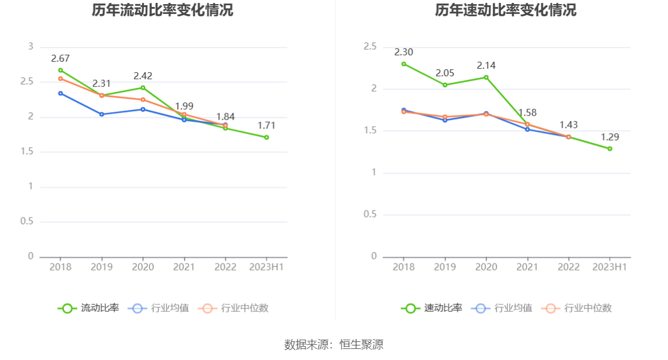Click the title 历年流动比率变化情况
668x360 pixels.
162,10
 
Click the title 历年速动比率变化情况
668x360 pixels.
506,10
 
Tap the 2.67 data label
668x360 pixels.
60,58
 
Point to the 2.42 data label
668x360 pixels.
143,76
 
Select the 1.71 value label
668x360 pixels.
267,126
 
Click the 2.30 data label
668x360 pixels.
403,52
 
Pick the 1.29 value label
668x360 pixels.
610,137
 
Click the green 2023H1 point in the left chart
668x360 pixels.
267,137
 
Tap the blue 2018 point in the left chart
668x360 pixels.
60,93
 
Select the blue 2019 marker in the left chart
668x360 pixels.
101,114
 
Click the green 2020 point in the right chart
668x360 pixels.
486,77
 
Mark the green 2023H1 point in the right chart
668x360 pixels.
610,149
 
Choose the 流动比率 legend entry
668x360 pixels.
88,308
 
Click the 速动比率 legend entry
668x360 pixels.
432,308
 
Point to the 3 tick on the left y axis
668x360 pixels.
31,47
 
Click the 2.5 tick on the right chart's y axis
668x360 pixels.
370,47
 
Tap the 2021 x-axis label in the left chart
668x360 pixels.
184,267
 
